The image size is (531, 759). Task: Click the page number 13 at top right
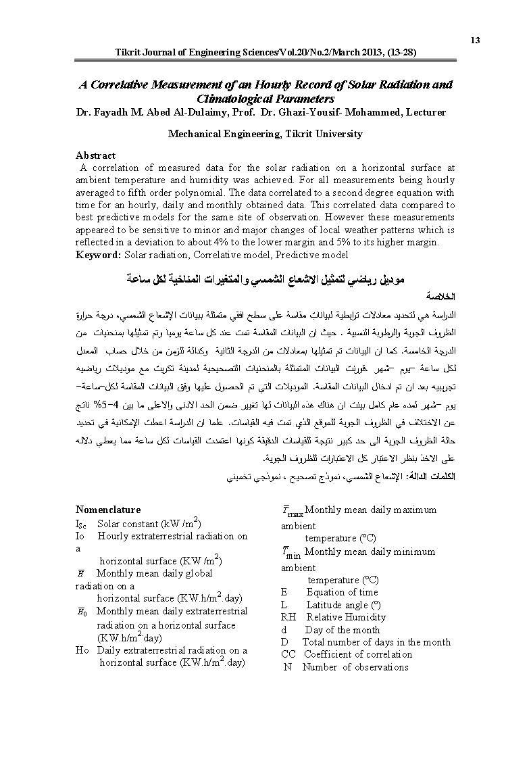coord(475,41)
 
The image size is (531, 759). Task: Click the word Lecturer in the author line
coord(426,112)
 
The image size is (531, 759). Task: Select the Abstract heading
coord(95,155)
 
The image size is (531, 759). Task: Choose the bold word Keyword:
coord(99,255)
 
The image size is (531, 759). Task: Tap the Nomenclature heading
coord(108,510)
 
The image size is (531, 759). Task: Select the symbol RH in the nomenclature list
coord(288,617)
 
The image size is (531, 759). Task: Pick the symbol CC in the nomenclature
coord(288,654)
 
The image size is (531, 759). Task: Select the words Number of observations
coord(355,667)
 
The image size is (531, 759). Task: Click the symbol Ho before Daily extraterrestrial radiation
coord(82,650)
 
